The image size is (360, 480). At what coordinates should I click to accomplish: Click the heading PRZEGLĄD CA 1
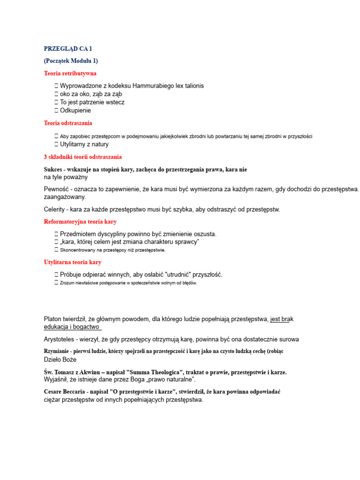pos(68,48)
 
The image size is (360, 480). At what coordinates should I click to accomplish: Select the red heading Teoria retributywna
pos(70,73)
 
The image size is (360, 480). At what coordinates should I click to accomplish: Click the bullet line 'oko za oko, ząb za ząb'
pos(91,94)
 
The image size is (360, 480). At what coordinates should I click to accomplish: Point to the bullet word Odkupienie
pos(75,111)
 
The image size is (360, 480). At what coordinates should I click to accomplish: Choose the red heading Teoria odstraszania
pos(68,123)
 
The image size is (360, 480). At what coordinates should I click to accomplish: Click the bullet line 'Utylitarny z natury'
pos(84,144)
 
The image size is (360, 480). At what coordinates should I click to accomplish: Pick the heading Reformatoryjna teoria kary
pos(80,222)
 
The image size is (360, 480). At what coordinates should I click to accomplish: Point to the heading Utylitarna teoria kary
pos(73,262)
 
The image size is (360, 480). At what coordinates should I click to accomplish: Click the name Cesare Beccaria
pos(68,391)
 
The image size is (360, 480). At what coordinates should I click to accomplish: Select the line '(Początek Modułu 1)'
pos(71,61)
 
